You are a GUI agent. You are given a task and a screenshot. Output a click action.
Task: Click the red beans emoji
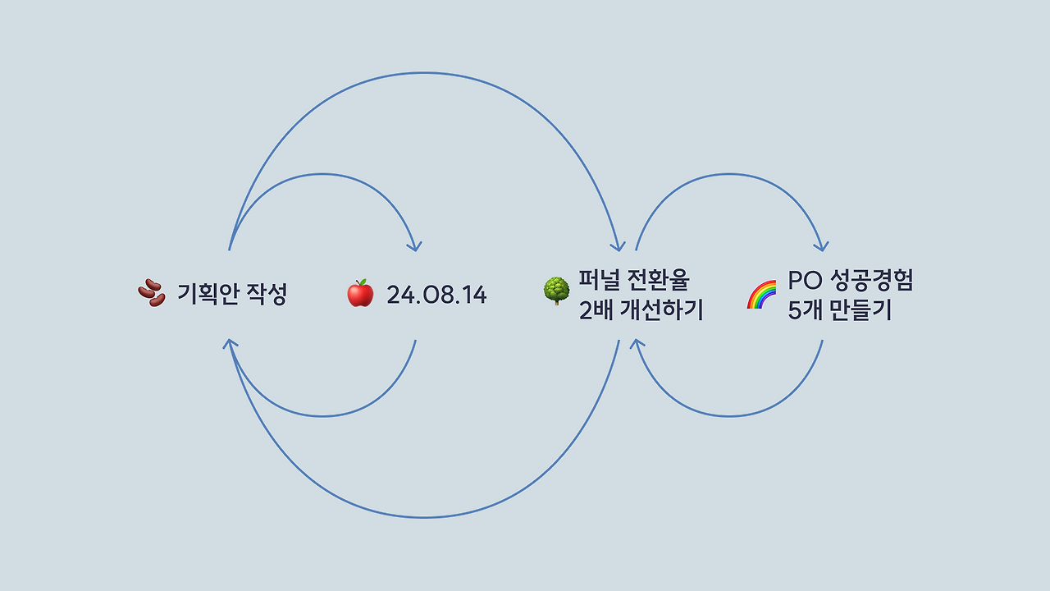coord(151,293)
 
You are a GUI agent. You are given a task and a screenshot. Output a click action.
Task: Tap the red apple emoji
coord(360,293)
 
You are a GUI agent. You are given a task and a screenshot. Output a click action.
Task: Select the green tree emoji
coord(557,291)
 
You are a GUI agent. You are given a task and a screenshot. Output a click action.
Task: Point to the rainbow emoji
coord(761,294)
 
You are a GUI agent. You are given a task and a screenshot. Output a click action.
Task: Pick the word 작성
coord(267,294)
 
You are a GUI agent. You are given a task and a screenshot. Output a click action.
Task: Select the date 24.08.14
coord(436,295)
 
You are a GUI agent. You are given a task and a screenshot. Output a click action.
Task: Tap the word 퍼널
coord(598,280)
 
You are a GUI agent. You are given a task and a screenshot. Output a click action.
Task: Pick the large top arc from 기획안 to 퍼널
coord(423,73)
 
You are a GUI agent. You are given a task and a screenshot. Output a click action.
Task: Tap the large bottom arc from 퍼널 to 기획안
coord(423,517)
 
